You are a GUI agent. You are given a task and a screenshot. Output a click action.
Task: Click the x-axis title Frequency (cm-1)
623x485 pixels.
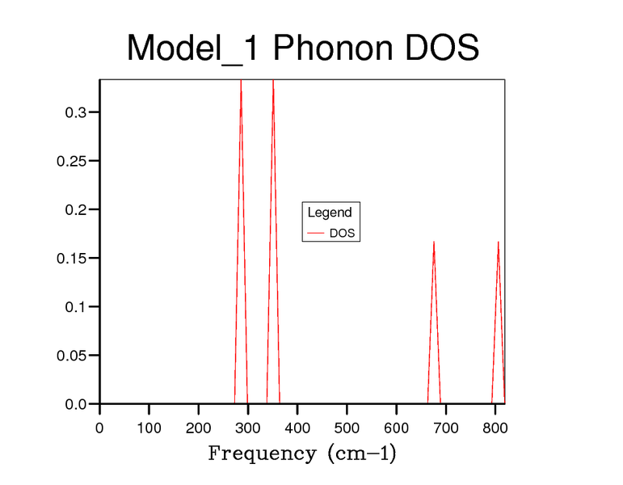tap(302, 453)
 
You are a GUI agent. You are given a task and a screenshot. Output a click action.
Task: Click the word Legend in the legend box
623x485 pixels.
tap(330, 213)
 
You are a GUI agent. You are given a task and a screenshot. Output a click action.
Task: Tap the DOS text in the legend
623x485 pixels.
tap(343, 234)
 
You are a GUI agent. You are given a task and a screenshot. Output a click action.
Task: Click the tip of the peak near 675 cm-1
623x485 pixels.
tap(434, 242)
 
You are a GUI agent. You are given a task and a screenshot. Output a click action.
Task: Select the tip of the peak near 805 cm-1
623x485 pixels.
tap(498, 242)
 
